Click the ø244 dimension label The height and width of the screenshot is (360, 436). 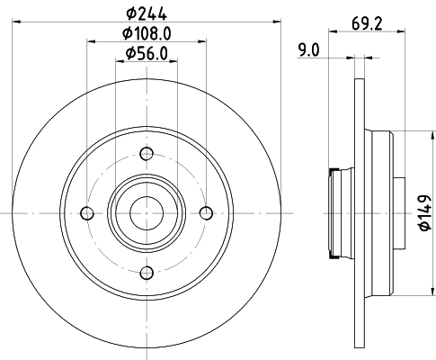(x=147, y=12)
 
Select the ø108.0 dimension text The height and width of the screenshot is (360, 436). (x=147, y=33)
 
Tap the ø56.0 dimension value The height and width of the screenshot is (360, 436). (x=147, y=54)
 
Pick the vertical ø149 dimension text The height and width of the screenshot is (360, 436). (x=423, y=211)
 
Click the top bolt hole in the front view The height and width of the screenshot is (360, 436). (x=146, y=152)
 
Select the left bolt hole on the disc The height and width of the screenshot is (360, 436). (x=86, y=212)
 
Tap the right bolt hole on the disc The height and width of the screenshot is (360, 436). (x=206, y=212)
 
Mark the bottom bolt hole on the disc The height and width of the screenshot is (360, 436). (x=146, y=272)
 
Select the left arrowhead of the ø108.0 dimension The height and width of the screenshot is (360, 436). (x=90, y=41)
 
